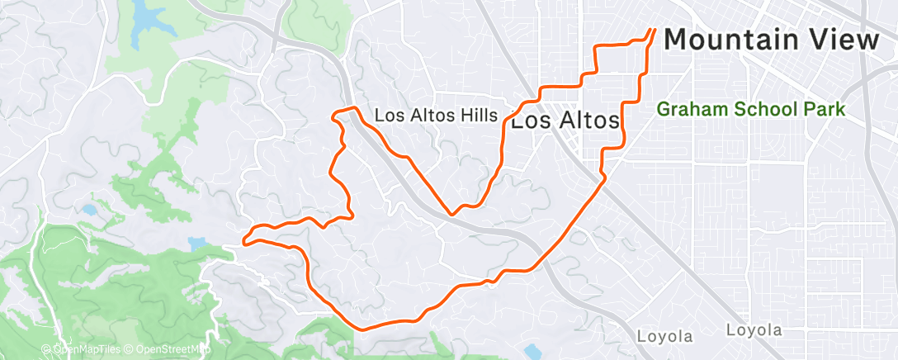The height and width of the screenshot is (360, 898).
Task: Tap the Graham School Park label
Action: pos(751,108)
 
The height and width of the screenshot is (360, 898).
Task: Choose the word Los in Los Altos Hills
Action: pos(387,116)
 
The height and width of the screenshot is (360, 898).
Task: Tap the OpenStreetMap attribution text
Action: pos(171,348)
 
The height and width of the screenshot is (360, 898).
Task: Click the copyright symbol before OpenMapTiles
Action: pos(48,348)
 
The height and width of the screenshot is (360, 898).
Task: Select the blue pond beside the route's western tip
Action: pos(197,244)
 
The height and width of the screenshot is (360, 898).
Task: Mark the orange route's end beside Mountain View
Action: pos(653,31)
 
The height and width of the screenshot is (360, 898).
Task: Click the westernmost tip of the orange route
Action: pos(245,241)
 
